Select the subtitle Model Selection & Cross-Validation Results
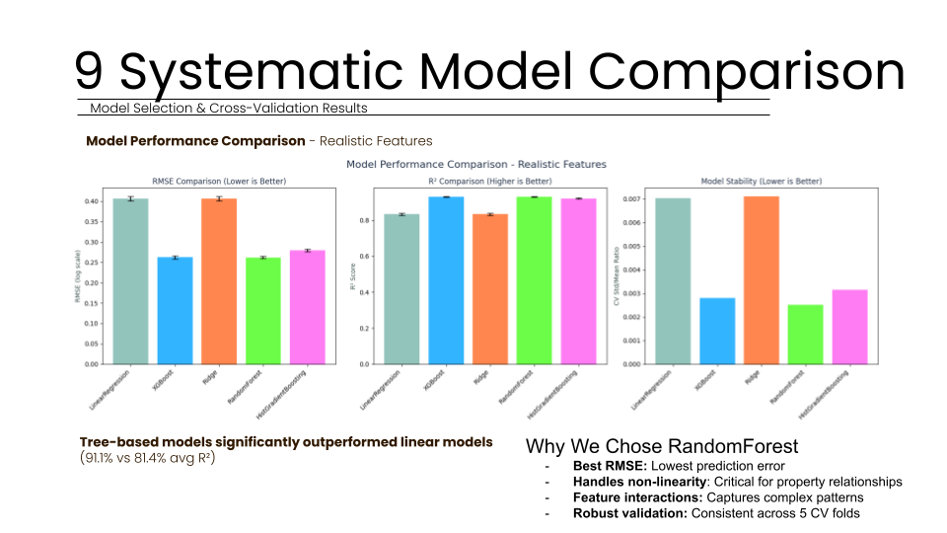point(229,108)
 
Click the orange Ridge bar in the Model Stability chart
point(762,280)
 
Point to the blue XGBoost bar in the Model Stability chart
point(717,331)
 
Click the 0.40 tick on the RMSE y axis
point(91,201)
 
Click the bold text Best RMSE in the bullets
point(608,465)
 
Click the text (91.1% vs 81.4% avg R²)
point(147,458)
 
